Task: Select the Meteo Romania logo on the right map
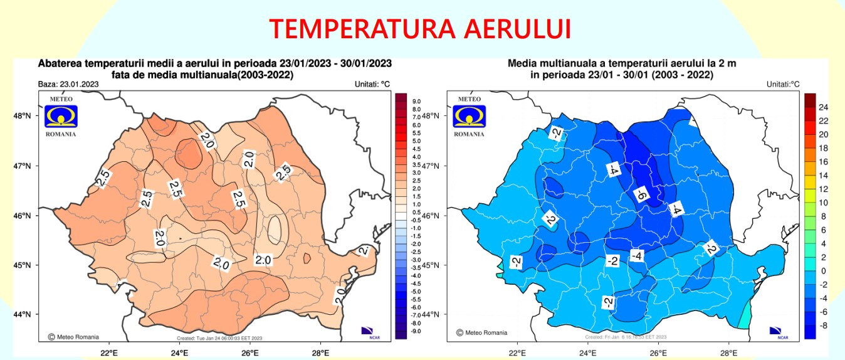470,116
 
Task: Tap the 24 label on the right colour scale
823,107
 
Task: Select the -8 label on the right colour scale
823,326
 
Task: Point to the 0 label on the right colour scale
823,271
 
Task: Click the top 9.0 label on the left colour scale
416,101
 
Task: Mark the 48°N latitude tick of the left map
23,115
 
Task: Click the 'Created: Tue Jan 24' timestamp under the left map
219,339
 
